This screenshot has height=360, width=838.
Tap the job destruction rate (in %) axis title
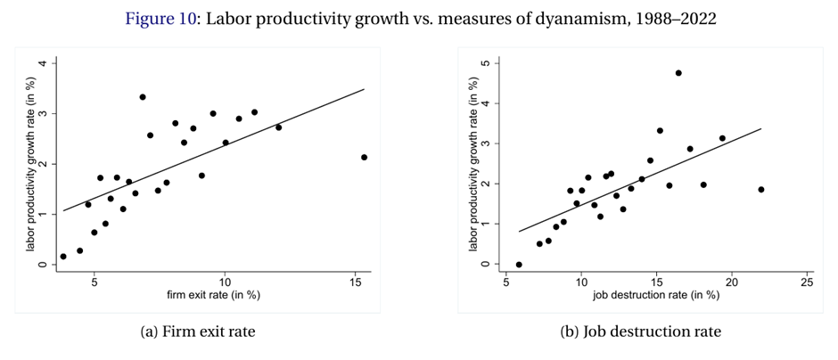click(656, 295)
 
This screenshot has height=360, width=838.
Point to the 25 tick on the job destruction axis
click(807, 281)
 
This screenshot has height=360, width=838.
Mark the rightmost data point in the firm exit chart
click(364, 158)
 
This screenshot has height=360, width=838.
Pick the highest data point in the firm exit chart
click(143, 97)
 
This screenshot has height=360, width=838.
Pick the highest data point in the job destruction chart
click(678, 73)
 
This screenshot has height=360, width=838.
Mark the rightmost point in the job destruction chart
click(761, 189)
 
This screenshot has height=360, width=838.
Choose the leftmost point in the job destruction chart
click(519, 265)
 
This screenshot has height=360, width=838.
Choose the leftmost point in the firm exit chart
click(63, 257)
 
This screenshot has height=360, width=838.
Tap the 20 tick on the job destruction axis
click(732, 281)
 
